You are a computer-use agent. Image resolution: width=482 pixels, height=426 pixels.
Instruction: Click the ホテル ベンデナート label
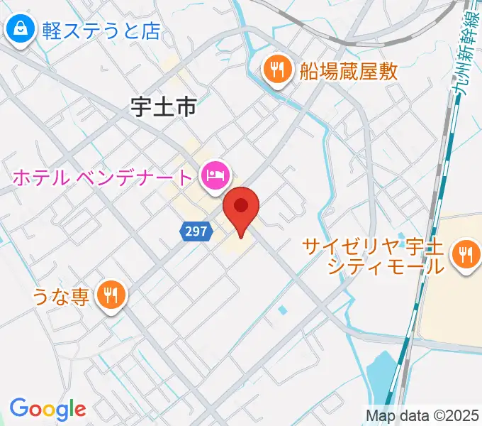pyautogui.click(x=101, y=177)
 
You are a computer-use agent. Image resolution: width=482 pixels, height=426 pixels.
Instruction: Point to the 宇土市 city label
pyautogui.click(x=163, y=107)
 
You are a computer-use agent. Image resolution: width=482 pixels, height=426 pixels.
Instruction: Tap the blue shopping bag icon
pyautogui.click(x=21, y=30)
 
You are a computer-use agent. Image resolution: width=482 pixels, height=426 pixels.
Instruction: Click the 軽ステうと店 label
pyautogui.click(x=101, y=31)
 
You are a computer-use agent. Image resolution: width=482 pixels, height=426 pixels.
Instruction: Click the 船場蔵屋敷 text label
pyautogui.click(x=348, y=70)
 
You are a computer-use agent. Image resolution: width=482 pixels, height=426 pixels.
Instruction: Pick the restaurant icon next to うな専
pyautogui.click(x=111, y=295)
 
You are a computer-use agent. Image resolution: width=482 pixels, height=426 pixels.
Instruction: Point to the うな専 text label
pyautogui.click(x=60, y=295)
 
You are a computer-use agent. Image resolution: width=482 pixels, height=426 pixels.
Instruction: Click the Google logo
pyautogui.click(x=47, y=409)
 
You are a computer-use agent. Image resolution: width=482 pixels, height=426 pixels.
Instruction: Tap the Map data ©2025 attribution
pyautogui.click(x=422, y=415)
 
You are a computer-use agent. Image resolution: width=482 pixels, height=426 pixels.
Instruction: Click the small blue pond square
pyautogui.click(x=283, y=310)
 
